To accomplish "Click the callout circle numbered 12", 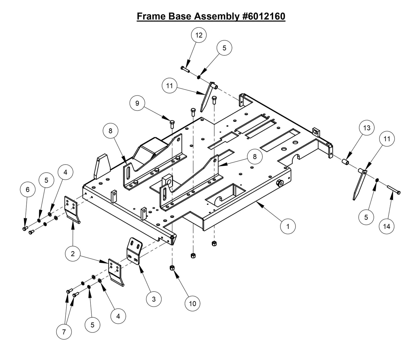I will [x=199, y=35].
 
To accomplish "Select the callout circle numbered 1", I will [x=288, y=226].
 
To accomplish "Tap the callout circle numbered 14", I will [x=387, y=226].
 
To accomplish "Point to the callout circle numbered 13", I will [x=367, y=128].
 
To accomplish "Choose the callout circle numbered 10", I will [x=193, y=303].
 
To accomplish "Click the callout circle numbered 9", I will [x=137, y=103].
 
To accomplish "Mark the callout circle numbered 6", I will [x=28, y=189].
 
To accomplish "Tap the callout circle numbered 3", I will [x=154, y=299].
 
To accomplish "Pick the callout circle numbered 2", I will [x=72, y=254].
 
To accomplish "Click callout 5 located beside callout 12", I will [x=224, y=48].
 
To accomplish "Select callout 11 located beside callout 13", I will [x=387, y=139].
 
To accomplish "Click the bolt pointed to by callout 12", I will [x=185, y=69].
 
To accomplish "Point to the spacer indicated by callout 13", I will [x=345, y=161].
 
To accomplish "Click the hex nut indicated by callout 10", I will [x=172, y=267].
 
